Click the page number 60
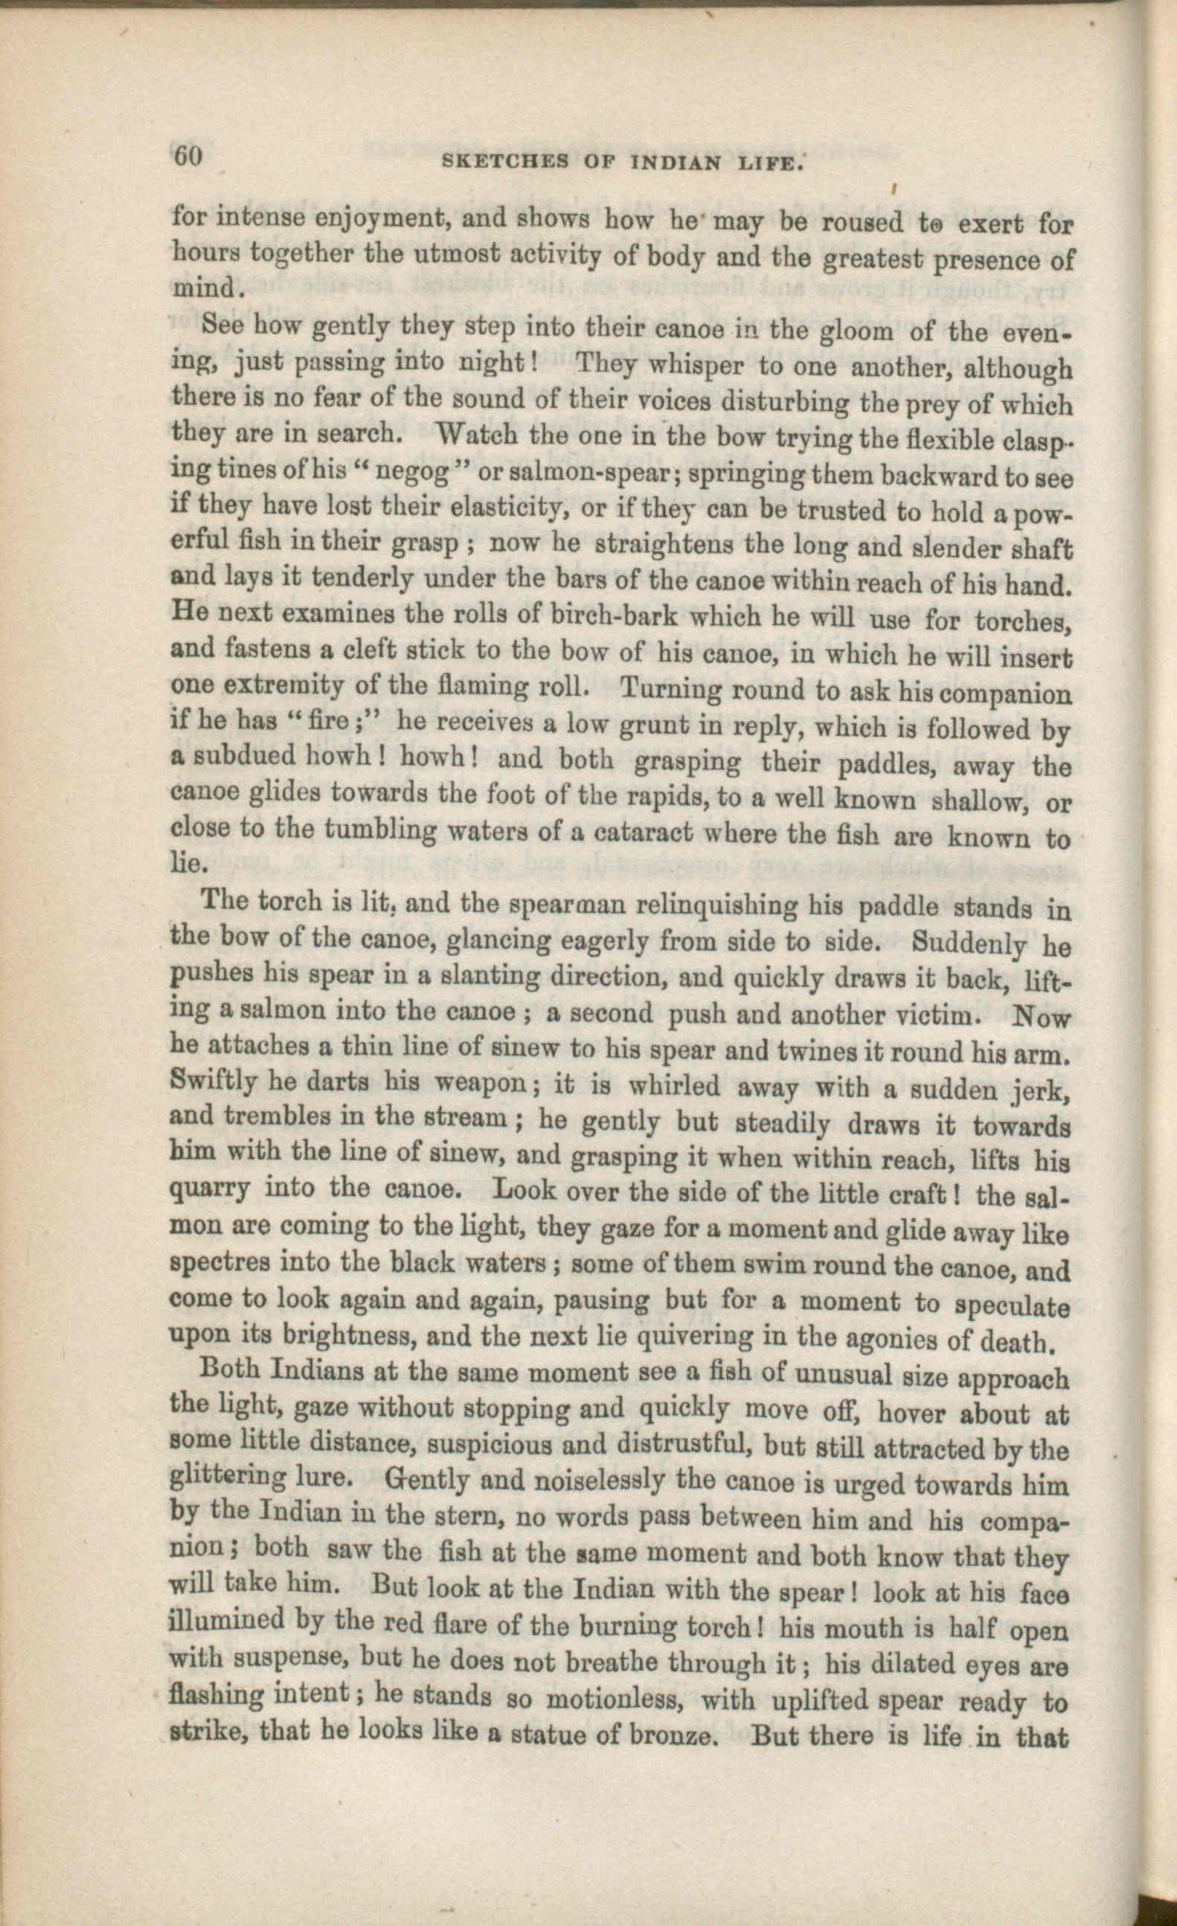tap(187, 156)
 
